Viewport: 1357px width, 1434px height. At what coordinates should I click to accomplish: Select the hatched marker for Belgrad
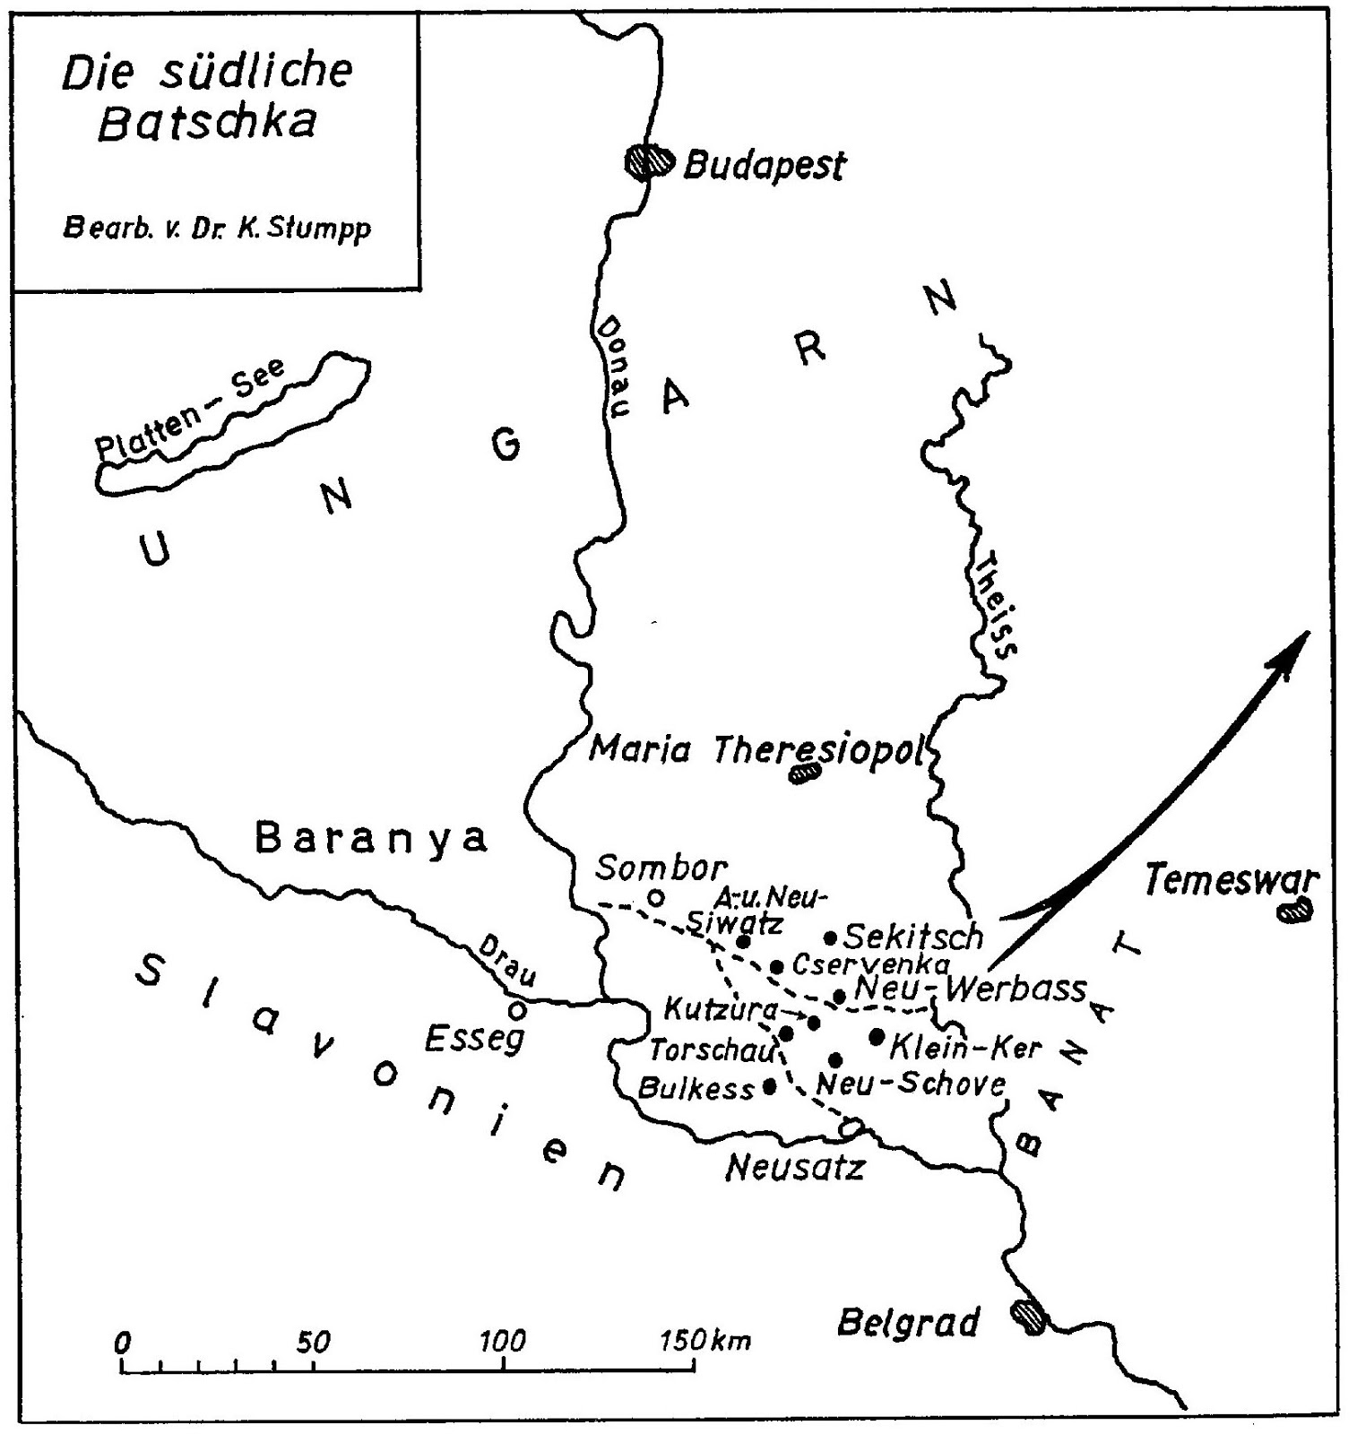pyautogui.click(x=1027, y=1317)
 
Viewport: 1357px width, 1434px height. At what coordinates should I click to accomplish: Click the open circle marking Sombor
pyautogui.click(x=656, y=896)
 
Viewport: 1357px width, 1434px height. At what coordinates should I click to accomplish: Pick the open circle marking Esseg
pyautogui.click(x=516, y=1010)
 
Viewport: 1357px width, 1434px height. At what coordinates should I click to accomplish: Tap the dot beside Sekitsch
pyautogui.click(x=830, y=938)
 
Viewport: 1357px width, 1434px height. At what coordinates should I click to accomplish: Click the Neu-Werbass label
pyautogui.click(x=971, y=989)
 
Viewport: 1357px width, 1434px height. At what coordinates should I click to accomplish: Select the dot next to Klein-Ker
pyautogui.click(x=877, y=1037)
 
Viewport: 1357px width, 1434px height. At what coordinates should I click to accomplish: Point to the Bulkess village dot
pyautogui.click(x=769, y=1086)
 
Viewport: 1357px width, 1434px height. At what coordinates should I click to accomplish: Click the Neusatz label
pyautogui.click(x=794, y=1167)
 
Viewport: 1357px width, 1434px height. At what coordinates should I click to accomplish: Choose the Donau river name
pyautogui.click(x=615, y=364)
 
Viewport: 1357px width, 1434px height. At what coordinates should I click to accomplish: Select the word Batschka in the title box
pyautogui.click(x=206, y=123)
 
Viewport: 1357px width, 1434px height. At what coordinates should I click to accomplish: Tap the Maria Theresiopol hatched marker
pyautogui.click(x=804, y=772)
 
